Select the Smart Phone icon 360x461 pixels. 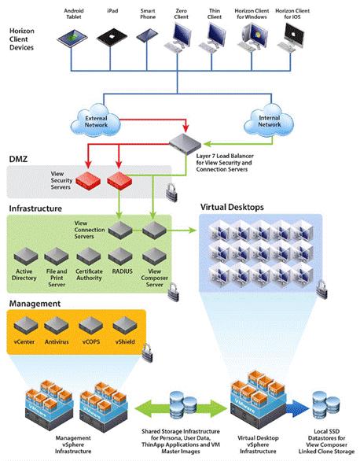pyautogui.click(x=147, y=35)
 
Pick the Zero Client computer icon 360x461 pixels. pyautogui.click(x=180, y=35)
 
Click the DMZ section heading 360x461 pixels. pyautogui.click(x=19, y=159)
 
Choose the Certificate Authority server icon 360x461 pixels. pyautogui.click(x=90, y=256)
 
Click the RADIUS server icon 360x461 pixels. pyautogui.click(x=122, y=256)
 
